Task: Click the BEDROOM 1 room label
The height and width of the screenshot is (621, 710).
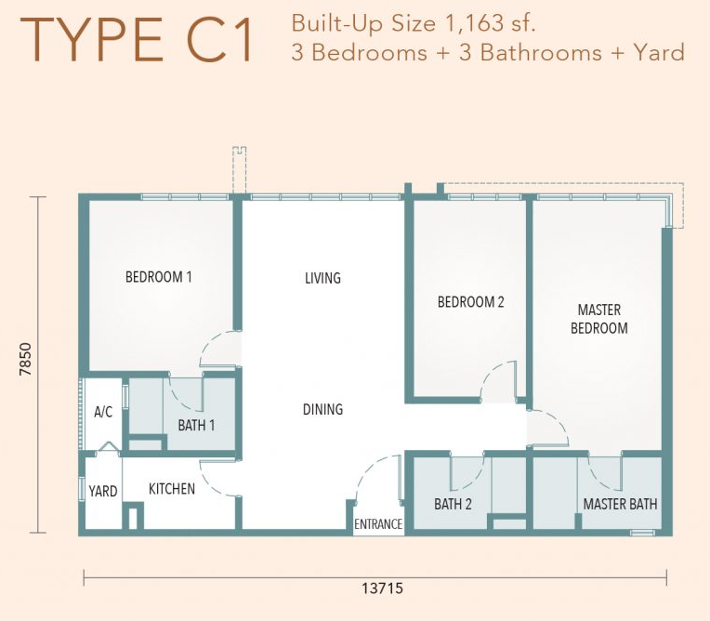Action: pos(159,277)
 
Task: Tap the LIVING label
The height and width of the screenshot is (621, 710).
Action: pos(322,278)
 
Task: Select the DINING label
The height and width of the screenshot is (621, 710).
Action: pos(322,409)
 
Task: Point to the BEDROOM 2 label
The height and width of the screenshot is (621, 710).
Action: pos(470,302)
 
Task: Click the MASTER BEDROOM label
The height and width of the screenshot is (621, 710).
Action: pos(599,319)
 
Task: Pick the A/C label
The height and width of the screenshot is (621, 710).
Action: pos(103,412)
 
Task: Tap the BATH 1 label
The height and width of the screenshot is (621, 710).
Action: pos(196,426)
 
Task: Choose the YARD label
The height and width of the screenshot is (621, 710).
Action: pos(103,491)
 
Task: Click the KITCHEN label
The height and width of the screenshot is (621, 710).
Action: pos(172,489)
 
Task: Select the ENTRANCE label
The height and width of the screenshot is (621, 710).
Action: pos(378,524)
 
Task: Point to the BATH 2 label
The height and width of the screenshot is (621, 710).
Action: pos(453,504)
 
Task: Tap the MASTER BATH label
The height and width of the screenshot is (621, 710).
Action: pos(620,504)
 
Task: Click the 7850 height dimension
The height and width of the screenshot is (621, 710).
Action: pos(26,359)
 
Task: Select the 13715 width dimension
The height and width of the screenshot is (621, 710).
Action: pos(382,588)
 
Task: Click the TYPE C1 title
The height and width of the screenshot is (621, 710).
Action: pos(137,39)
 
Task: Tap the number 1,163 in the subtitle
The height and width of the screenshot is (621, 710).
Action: pos(474,23)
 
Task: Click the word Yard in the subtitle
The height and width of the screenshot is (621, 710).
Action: pos(659,53)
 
